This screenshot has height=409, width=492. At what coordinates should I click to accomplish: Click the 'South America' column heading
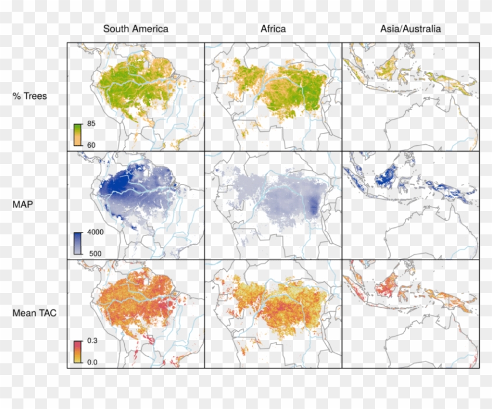coord(135,29)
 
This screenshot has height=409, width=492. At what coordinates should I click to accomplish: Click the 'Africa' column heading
coord(272,29)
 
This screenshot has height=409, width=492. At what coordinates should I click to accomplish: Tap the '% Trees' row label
coord(30,96)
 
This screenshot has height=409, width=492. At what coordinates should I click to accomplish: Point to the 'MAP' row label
coord(22,205)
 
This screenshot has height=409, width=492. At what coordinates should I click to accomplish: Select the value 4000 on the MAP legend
coord(95,232)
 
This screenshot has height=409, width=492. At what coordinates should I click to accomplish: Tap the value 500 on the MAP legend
coord(93,253)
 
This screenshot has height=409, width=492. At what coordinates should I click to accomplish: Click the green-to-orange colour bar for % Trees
coord(77,134)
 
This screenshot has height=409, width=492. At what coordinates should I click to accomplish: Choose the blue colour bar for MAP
coord(77,243)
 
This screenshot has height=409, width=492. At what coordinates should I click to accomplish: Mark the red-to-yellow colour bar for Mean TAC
coord(77,351)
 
